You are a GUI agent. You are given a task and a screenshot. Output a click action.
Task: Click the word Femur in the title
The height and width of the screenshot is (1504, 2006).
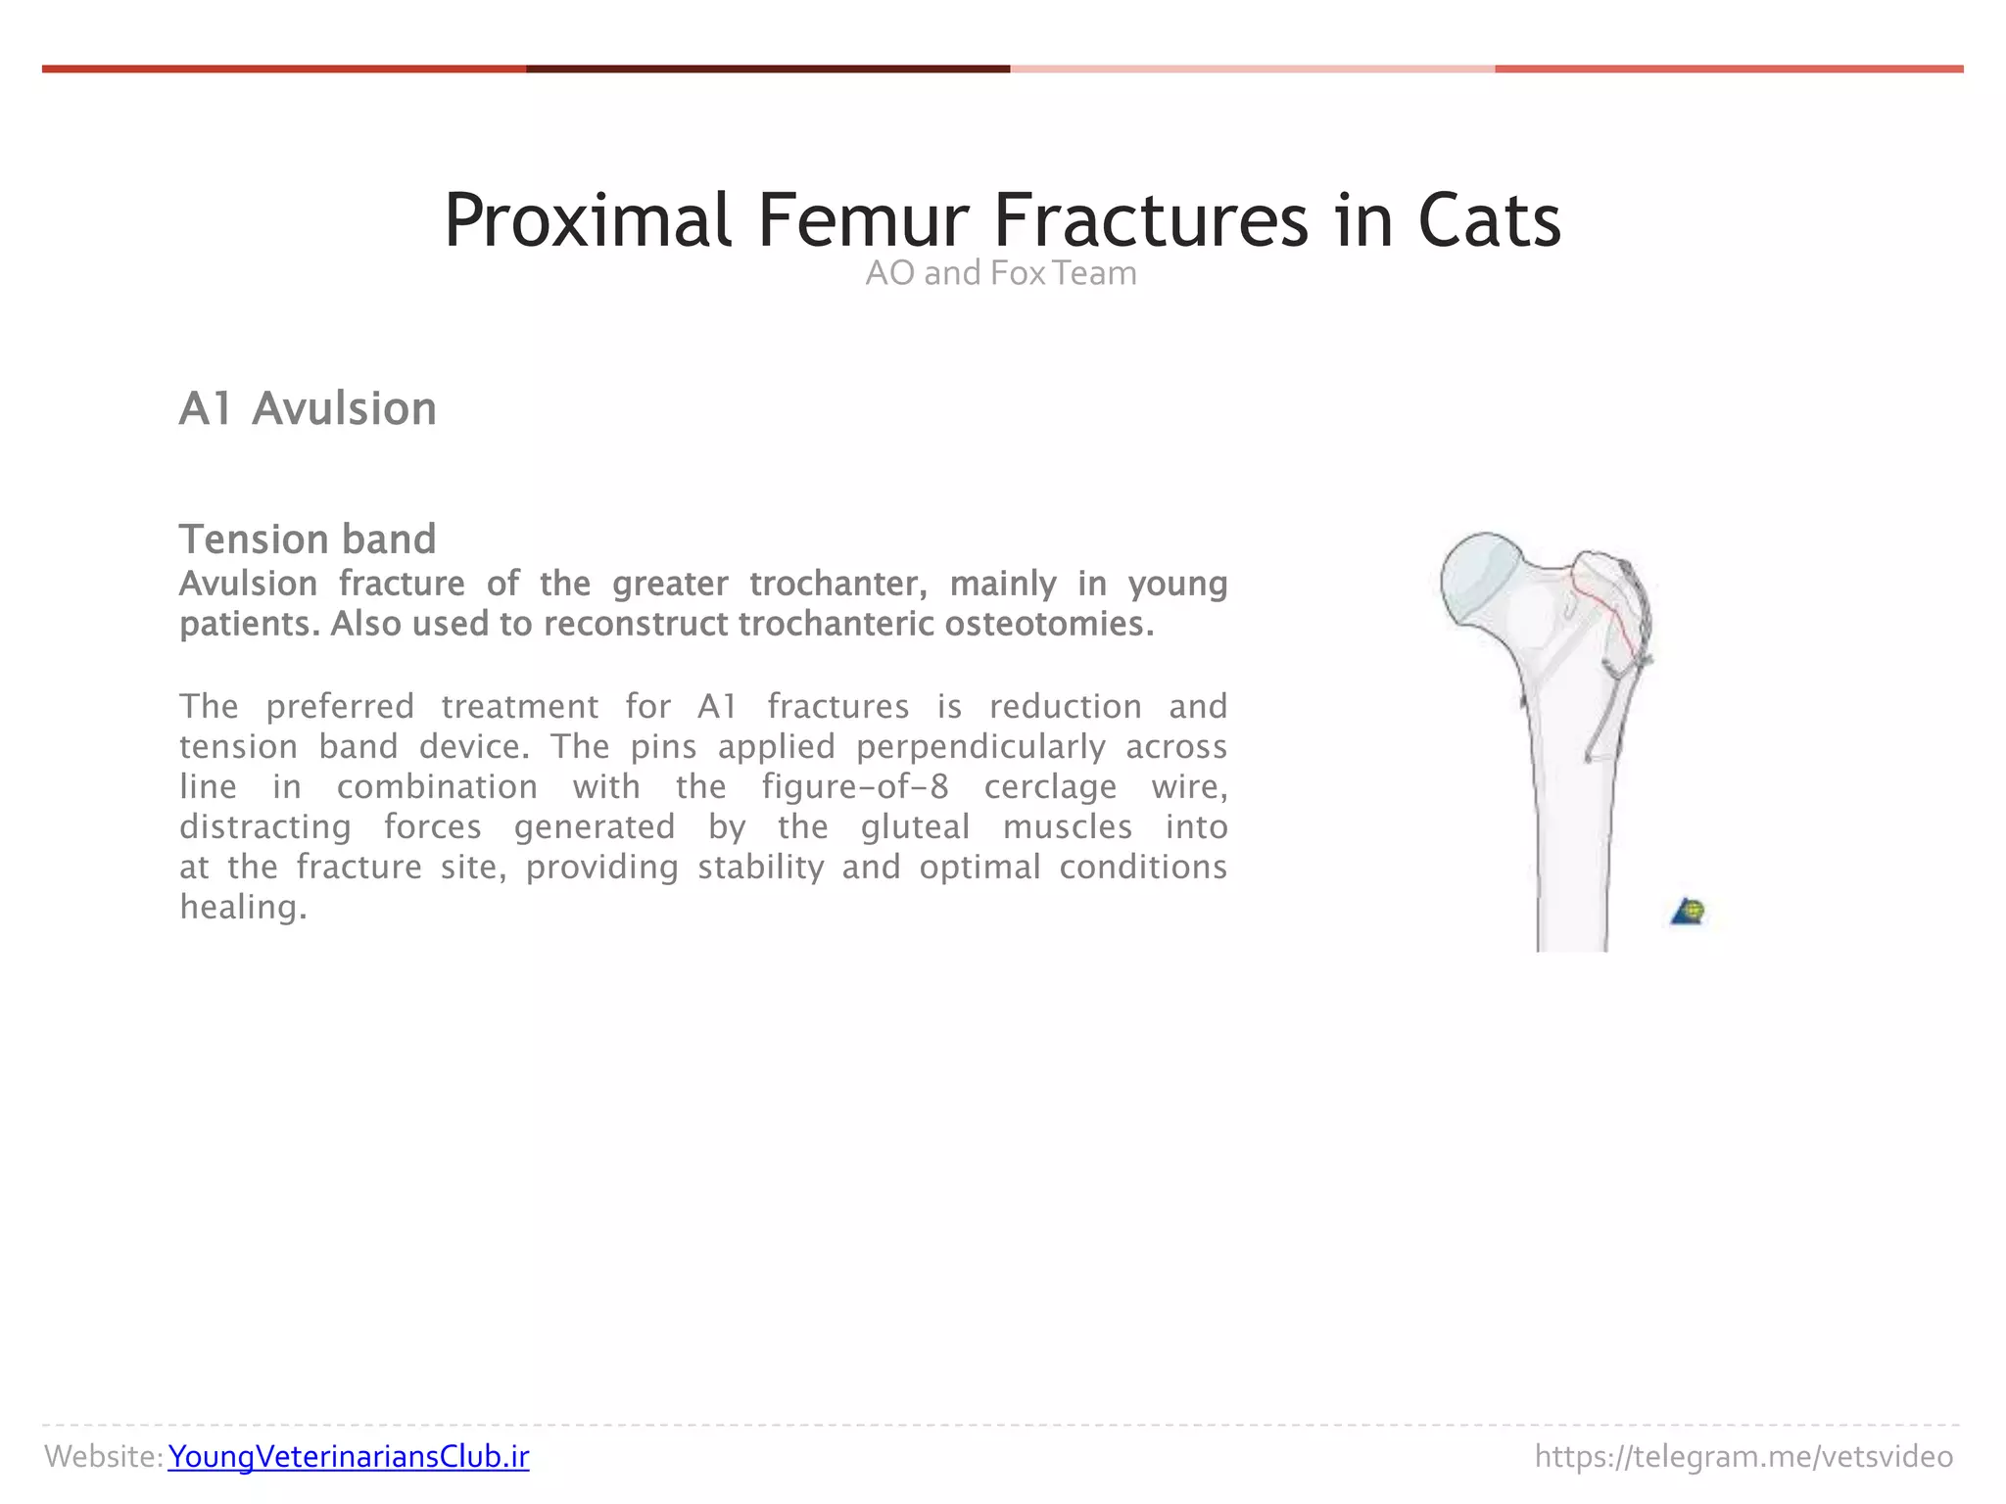point(862,221)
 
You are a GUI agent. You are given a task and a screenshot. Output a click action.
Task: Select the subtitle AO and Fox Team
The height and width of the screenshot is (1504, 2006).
point(1001,273)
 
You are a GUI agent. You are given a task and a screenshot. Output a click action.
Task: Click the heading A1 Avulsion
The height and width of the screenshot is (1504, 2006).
point(308,408)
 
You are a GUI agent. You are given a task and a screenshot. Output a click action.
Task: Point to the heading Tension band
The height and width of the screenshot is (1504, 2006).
point(308,540)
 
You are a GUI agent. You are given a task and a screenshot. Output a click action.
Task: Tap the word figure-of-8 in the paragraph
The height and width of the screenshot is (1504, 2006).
point(855,787)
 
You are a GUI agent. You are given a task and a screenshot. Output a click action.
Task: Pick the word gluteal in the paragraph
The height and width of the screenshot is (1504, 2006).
point(915,827)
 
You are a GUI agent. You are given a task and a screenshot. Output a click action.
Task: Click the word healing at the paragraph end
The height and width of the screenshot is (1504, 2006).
point(242,908)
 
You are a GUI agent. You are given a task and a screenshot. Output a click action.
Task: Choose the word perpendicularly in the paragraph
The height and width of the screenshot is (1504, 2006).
point(980,747)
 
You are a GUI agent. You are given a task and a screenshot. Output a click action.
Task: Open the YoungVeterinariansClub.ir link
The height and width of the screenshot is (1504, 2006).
point(348,1457)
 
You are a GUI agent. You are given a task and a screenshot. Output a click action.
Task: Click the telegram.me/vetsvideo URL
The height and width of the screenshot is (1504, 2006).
point(1743,1457)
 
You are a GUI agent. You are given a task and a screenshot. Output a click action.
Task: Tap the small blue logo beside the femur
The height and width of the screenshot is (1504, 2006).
point(1688,913)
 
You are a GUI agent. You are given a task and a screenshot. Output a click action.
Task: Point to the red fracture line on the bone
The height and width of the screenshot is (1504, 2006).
point(1606,612)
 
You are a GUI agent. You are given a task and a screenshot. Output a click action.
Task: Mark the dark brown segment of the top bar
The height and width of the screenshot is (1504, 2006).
point(767,69)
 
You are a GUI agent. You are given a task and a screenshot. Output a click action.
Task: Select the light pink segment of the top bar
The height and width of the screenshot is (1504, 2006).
point(1252,69)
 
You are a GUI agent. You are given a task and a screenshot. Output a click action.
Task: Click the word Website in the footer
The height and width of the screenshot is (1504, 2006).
point(102,1457)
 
